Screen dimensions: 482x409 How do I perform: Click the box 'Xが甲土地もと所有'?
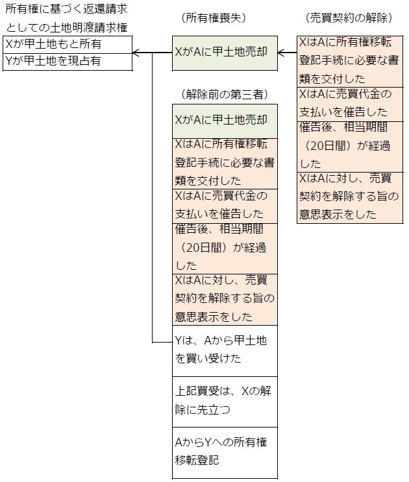click(68, 45)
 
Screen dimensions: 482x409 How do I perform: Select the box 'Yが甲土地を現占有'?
click(68, 62)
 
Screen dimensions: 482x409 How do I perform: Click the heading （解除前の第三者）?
click(224, 94)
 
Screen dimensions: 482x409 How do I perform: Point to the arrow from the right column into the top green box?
click(287, 53)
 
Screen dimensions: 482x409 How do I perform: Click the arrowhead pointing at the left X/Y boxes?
click(136, 53)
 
